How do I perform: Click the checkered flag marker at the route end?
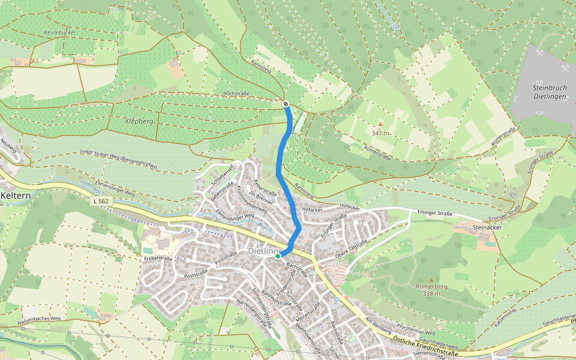tap(286, 104)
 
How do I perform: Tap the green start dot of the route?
tap(278, 256)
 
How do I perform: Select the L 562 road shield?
tap(101, 201)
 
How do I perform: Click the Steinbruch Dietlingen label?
tap(549, 92)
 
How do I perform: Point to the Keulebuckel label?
tap(58, 32)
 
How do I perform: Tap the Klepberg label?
tap(139, 121)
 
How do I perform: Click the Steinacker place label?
tap(487, 227)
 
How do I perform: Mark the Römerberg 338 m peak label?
tap(431, 290)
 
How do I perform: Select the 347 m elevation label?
tap(382, 133)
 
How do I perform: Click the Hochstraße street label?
tap(236, 94)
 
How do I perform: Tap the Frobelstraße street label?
tap(158, 259)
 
